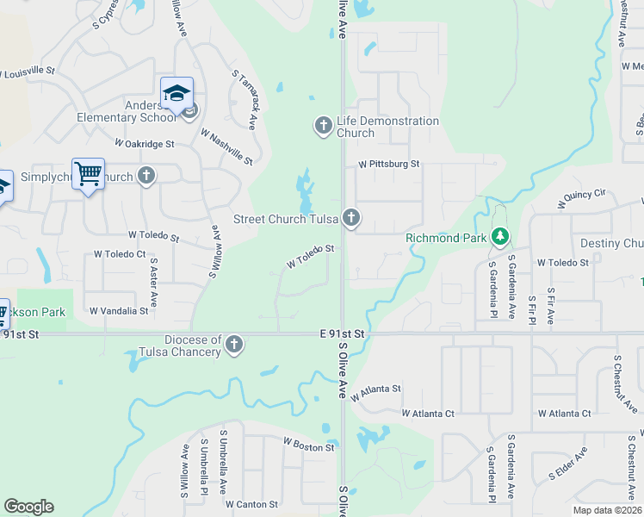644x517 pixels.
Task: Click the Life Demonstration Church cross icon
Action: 324,127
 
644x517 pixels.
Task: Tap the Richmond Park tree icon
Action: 499,236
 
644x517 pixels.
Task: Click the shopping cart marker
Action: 88,174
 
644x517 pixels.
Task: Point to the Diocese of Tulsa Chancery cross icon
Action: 232,346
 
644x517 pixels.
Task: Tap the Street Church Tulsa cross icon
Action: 350,218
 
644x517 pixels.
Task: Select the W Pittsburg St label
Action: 389,163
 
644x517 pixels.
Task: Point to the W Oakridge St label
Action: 145,144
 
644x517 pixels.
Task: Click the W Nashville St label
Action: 226,146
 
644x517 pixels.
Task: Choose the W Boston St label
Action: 308,447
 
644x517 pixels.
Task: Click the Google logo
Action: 28,507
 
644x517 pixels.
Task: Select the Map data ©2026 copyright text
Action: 607,510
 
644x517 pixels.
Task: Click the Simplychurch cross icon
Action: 146,176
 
